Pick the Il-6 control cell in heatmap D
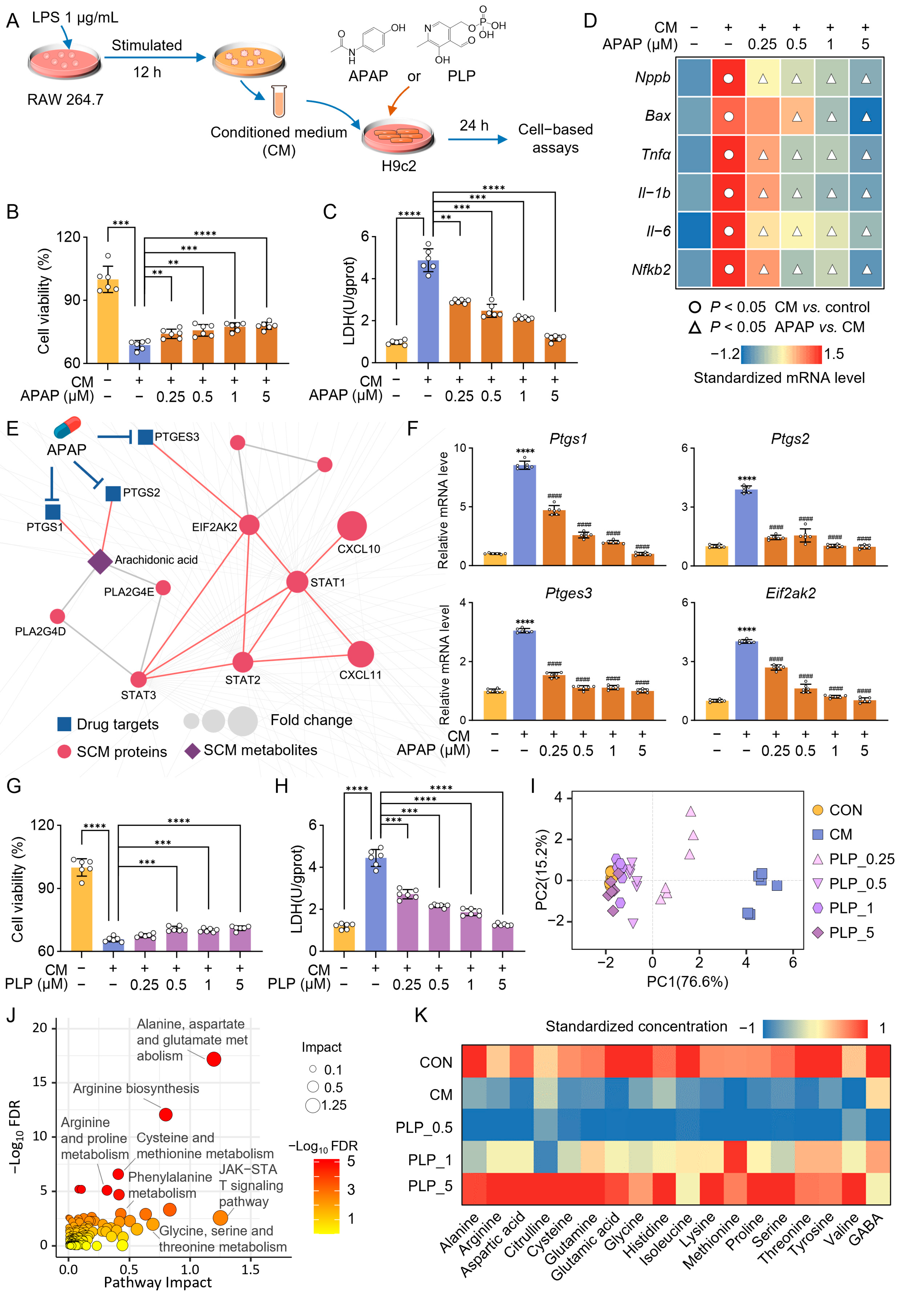694,231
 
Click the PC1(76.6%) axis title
687,982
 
